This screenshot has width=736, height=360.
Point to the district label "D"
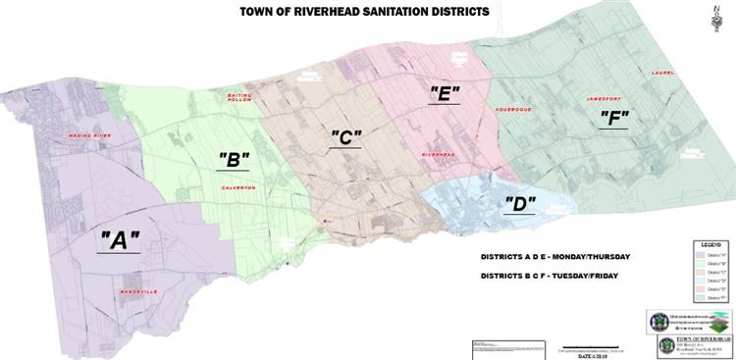520,204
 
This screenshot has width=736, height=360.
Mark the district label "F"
614,118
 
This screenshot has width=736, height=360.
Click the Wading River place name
88,133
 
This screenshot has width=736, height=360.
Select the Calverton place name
238,187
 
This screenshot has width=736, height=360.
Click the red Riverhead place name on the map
438,155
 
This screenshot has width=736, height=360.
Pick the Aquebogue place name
513,110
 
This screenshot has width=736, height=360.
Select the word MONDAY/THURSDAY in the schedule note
587,257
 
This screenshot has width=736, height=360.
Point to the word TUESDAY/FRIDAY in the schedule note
587,278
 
